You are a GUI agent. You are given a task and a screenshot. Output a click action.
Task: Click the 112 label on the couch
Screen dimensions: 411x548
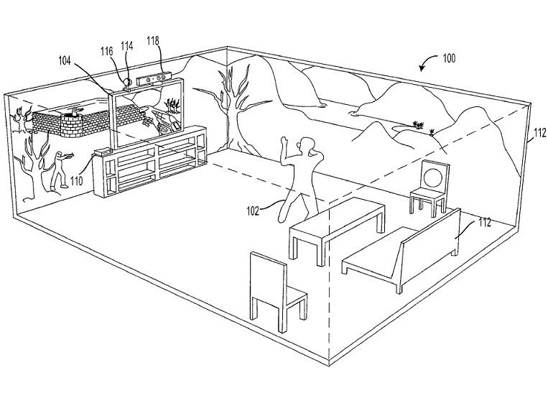click(x=485, y=223)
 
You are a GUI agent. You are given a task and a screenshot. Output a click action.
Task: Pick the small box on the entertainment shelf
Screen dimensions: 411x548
click(x=104, y=152)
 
